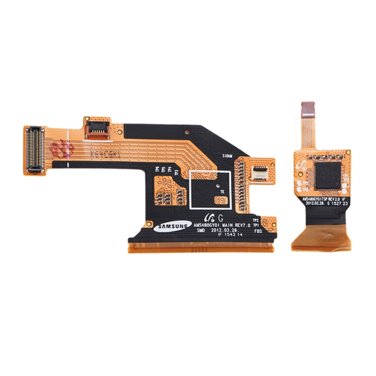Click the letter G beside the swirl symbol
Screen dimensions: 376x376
(x=219, y=218)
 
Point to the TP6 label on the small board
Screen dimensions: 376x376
(x=304, y=190)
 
